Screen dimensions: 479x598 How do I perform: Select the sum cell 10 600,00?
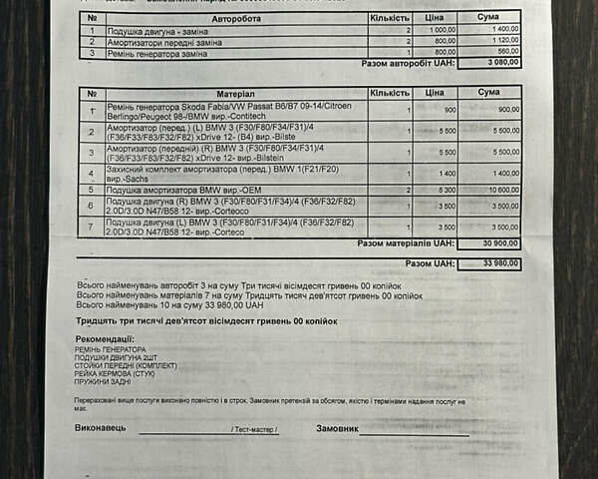click(x=499, y=190)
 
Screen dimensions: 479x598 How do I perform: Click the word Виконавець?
click(x=101, y=428)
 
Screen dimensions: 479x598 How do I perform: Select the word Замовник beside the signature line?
click(x=337, y=428)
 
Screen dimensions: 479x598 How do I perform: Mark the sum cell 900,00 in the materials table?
click(x=503, y=109)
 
